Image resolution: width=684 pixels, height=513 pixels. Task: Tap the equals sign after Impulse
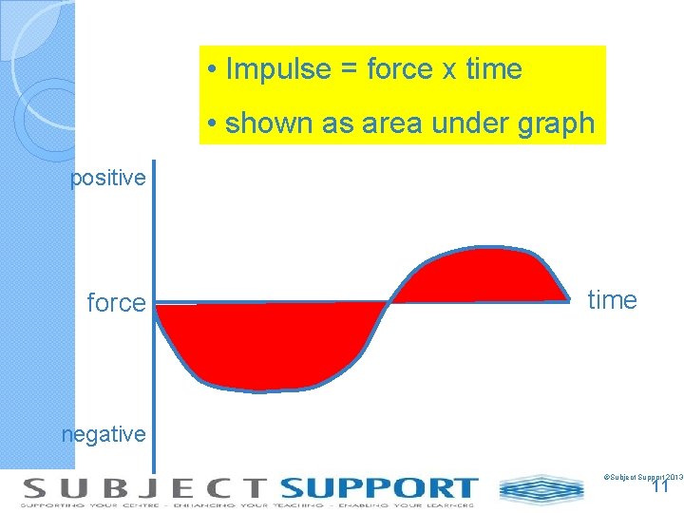(348, 70)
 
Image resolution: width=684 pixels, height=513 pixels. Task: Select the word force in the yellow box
(399, 69)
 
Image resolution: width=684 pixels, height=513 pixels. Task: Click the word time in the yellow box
(494, 69)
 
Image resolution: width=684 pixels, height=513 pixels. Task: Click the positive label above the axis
(108, 178)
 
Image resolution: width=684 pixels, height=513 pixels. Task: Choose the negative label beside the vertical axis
(104, 434)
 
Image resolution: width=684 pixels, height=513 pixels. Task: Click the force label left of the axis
(116, 303)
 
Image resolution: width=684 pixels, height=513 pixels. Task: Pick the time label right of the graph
(613, 300)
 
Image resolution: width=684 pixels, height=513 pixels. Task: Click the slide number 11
(661, 486)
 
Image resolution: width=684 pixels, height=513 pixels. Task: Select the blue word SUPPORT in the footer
(378, 488)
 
